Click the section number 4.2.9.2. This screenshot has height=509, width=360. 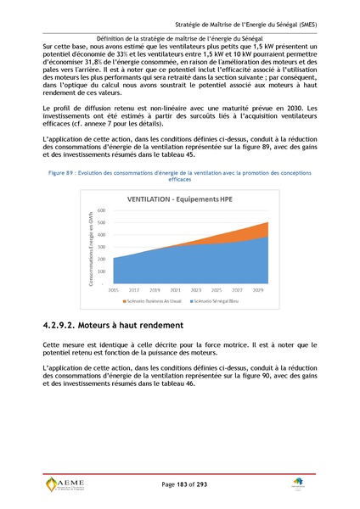click(x=68, y=326)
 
